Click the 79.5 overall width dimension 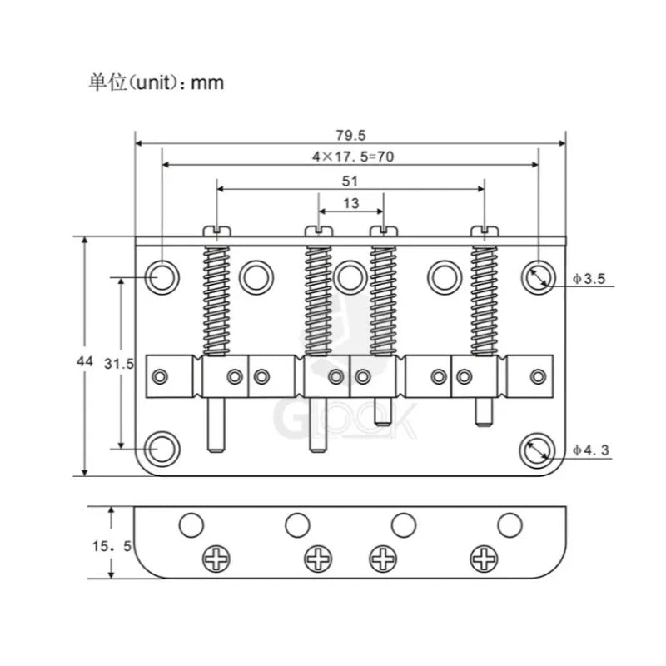click(x=350, y=135)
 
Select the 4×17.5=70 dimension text click(x=353, y=157)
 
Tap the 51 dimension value click(x=350, y=181)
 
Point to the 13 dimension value click(x=351, y=203)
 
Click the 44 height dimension click(x=85, y=361)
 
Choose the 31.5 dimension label click(x=119, y=364)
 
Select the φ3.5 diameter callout click(x=589, y=279)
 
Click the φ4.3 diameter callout click(x=590, y=450)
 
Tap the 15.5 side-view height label click(x=112, y=546)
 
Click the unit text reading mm click(x=207, y=82)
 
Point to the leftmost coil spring click(x=216, y=301)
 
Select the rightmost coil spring click(x=485, y=301)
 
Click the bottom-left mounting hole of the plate click(x=162, y=449)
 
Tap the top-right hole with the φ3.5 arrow click(x=539, y=277)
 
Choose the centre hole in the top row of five click(x=350, y=277)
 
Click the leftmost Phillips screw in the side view click(x=216, y=559)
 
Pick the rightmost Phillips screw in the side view click(x=485, y=559)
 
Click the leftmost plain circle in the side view click(x=191, y=525)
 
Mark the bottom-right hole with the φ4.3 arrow click(x=537, y=450)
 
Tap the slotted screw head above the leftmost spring click(x=216, y=231)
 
